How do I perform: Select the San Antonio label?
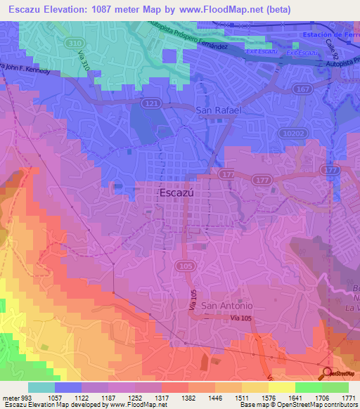[x=226, y=306]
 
